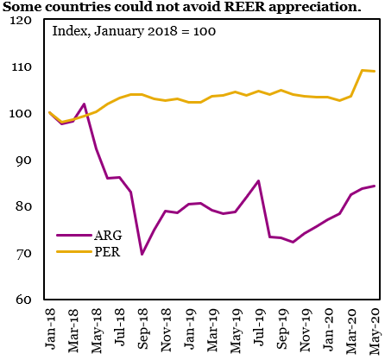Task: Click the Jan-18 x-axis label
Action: click(x=49, y=332)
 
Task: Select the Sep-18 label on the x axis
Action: click(x=142, y=332)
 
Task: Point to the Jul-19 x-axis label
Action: click(x=257, y=332)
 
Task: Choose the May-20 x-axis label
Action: click(x=373, y=332)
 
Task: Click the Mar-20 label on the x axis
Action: click(x=350, y=332)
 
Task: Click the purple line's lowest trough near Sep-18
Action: click(x=142, y=254)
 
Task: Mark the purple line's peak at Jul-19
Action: click(x=258, y=180)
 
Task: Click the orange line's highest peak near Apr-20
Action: click(x=362, y=70)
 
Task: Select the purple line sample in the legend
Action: click(x=75, y=235)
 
